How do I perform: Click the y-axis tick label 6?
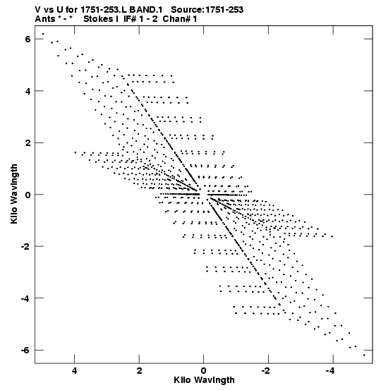(28, 39)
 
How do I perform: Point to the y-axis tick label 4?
(28, 91)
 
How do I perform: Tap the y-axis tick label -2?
(25, 247)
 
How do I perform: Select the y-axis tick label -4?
(25, 298)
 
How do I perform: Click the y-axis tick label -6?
(25, 351)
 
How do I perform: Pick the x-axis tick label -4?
(330, 371)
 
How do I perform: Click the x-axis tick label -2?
(266, 371)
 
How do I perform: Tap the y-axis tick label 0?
(28, 195)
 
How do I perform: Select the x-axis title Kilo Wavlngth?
(204, 380)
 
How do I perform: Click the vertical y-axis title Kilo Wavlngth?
(14, 194)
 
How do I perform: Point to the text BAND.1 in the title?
(146, 10)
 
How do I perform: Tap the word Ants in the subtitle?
(44, 19)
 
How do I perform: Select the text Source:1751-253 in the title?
(207, 10)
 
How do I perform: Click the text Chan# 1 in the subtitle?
(180, 19)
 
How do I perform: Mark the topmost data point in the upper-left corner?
(43, 34)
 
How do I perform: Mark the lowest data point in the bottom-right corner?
(364, 355)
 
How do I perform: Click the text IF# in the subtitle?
(130, 19)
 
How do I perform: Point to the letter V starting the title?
(38, 10)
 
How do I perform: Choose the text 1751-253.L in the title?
(104, 10)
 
